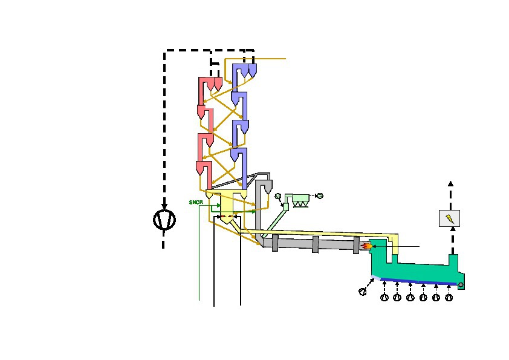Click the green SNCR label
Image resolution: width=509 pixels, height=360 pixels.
click(x=196, y=203)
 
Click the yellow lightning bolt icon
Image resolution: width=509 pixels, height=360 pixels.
click(x=450, y=218)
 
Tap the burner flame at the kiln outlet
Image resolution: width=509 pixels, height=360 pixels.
click(x=366, y=246)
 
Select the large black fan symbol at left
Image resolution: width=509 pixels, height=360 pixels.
click(x=164, y=220)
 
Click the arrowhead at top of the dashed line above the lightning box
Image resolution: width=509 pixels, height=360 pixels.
click(x=450, y=183)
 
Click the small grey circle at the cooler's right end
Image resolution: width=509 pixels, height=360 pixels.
click(x=461, y=285)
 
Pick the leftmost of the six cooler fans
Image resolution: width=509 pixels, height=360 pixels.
click(x=384, y=297)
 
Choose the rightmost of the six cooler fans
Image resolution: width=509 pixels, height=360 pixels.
click(x=449, y=297)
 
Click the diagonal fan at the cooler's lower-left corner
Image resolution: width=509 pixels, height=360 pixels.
click(x=363, y=292)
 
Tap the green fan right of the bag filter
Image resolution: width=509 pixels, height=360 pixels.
click(x=320, y=195)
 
